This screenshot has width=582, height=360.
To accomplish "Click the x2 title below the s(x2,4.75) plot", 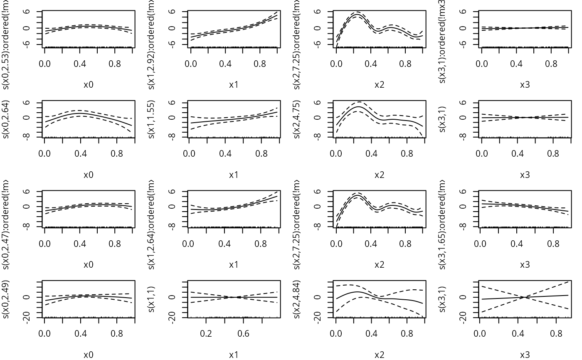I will (379, 175).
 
